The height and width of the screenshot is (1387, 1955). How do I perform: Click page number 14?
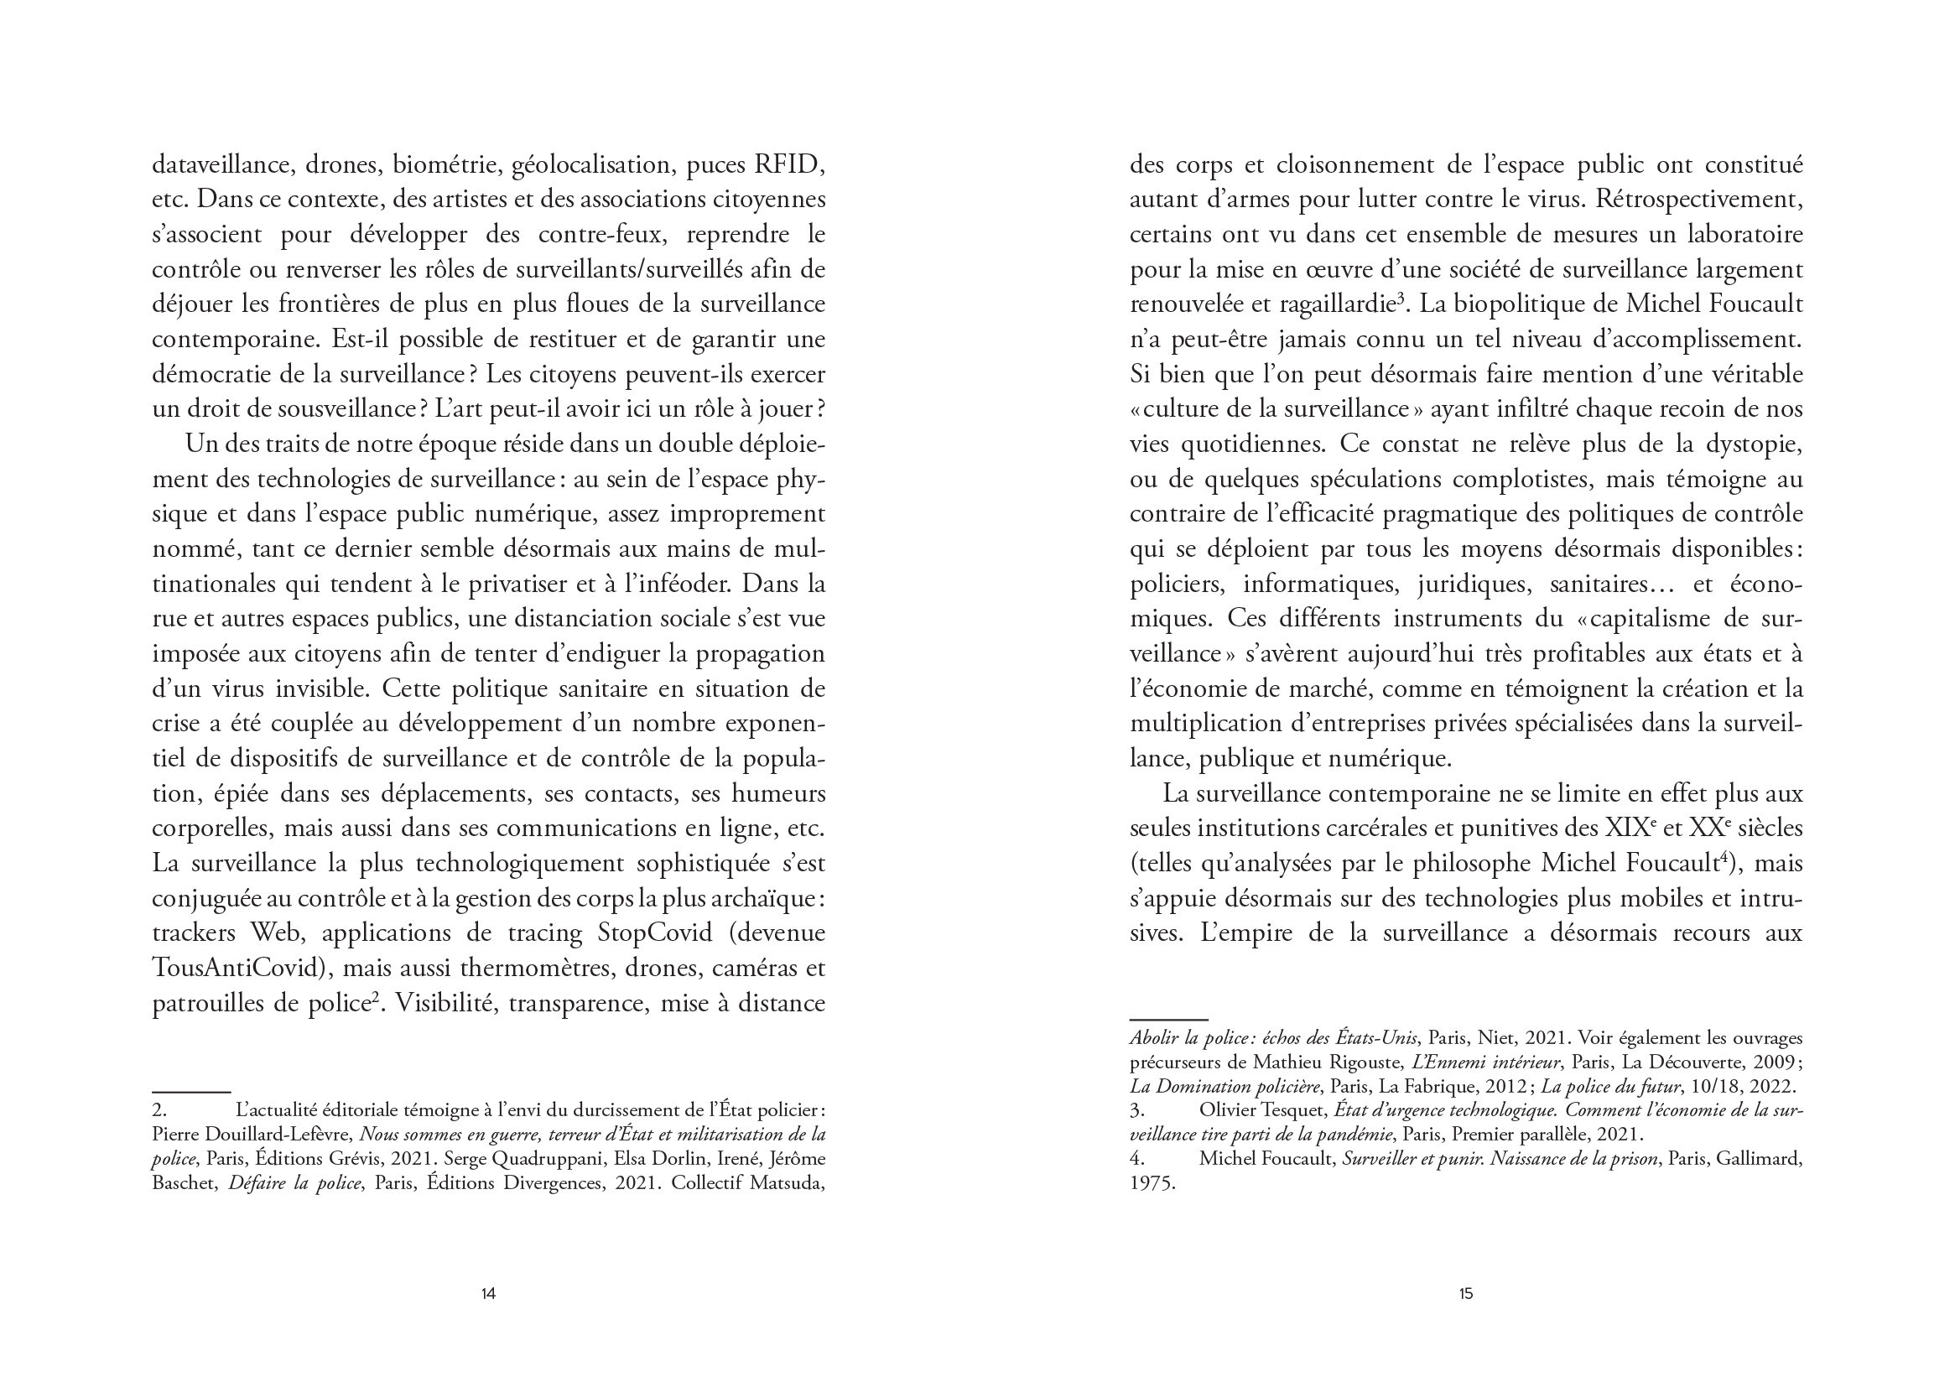tap(488, 1294)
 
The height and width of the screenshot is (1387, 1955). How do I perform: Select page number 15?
tap(1465, 1294)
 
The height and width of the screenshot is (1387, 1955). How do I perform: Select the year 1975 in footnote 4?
tap(1152, 1184)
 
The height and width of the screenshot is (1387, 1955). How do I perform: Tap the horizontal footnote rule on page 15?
tap(1168, 1020)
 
